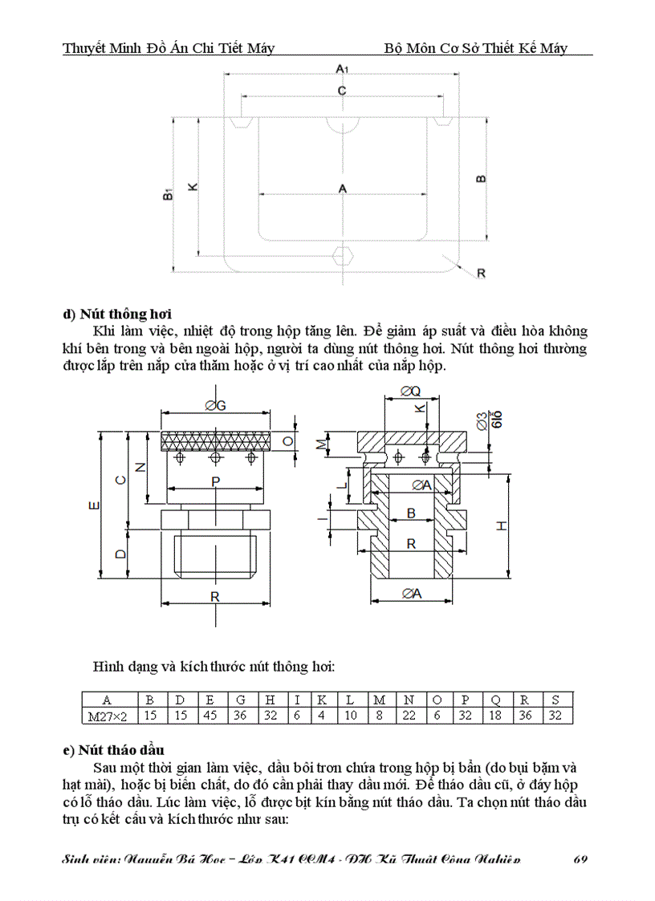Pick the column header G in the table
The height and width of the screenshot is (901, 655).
pos(240,700)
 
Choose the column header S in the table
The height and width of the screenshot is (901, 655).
pos(555,700)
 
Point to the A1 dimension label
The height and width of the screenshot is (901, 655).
pos(341,71)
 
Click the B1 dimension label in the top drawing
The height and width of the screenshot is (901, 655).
pos(166,195)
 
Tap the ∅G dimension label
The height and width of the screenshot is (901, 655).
pos(215,406)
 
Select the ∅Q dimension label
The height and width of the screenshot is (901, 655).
pos(409,392)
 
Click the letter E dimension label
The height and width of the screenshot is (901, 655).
pos(94,505)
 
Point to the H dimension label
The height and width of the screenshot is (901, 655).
pos(501,526)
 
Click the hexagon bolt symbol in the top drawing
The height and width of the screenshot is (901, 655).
pos(343,257)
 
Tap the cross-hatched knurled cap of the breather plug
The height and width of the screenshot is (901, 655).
pos(215,441)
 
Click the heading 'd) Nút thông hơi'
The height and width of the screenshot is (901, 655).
pos(117,314)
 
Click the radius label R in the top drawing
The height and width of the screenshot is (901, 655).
pos(482,273)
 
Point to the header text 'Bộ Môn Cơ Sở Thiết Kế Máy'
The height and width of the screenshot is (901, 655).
pos(476,48)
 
